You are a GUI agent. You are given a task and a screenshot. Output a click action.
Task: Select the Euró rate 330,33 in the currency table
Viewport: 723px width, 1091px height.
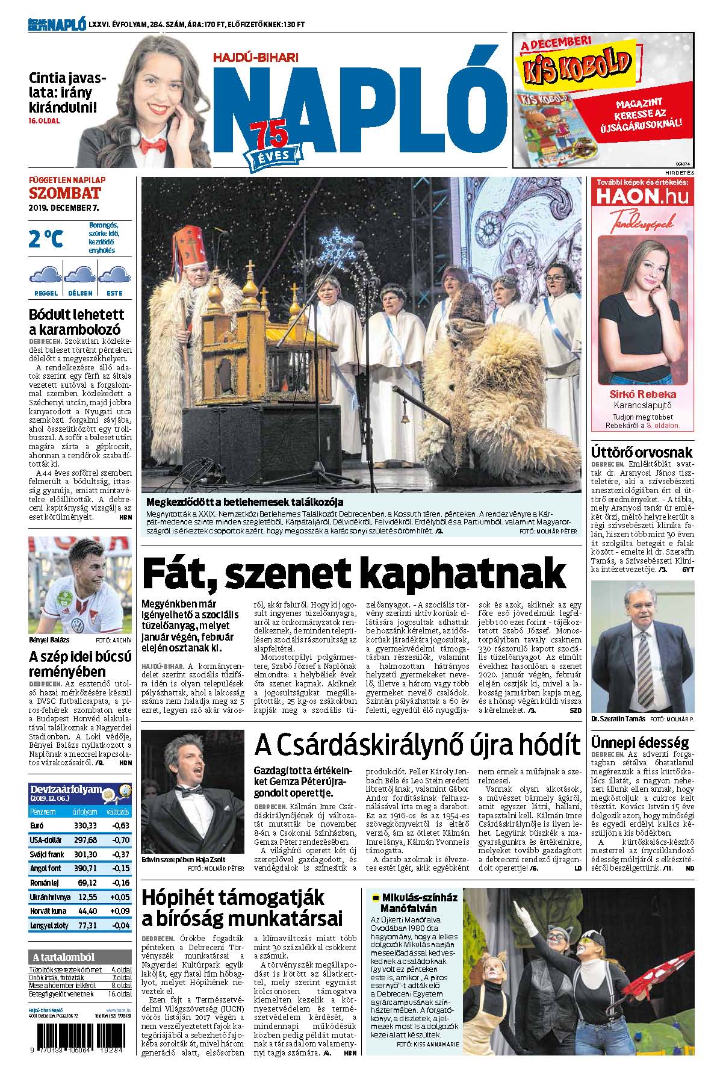85,825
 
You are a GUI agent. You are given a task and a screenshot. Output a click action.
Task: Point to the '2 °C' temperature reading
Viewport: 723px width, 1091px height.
46,239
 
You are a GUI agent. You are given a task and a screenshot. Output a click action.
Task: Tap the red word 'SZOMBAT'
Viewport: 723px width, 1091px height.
65,193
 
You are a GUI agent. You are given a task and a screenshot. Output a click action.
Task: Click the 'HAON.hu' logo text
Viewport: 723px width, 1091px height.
643,197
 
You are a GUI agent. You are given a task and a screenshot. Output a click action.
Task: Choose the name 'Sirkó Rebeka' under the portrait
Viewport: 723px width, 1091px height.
642,394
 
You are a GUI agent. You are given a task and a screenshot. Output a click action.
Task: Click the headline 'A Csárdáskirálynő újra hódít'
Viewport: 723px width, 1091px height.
417,745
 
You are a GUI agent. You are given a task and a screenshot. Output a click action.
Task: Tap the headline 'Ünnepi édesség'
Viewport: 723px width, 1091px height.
639,742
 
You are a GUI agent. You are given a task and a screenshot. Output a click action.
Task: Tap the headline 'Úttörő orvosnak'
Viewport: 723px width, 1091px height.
642,452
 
